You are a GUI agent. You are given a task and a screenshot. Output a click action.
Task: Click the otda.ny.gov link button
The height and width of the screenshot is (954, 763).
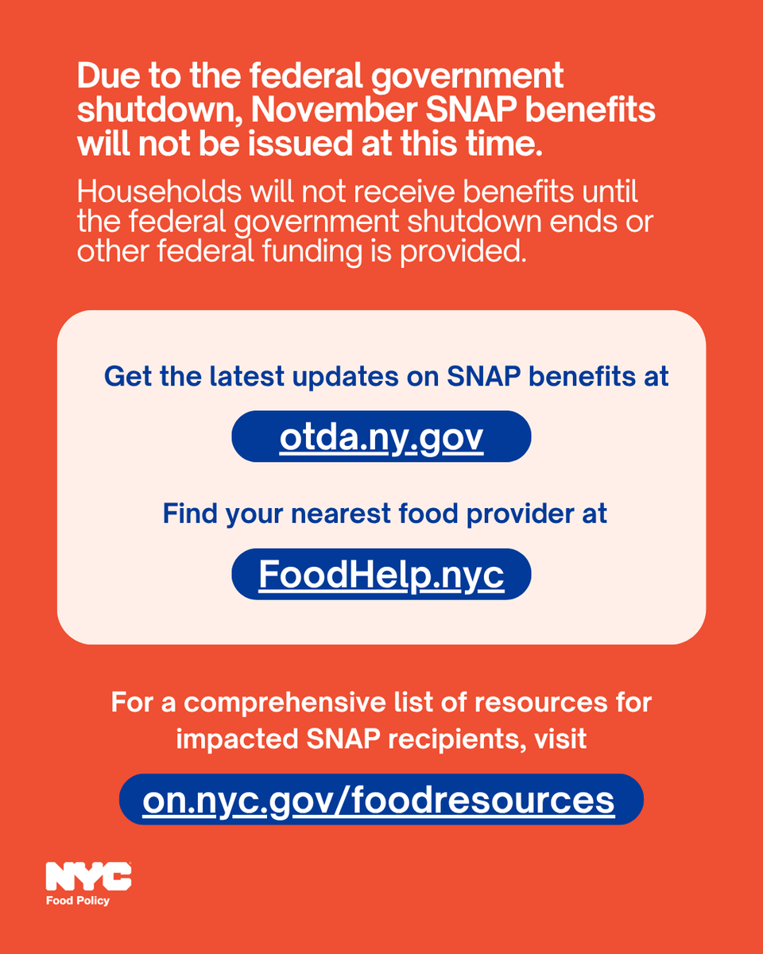point(381,436)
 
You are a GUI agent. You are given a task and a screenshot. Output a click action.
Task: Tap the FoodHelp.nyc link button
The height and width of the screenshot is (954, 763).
point(381,575)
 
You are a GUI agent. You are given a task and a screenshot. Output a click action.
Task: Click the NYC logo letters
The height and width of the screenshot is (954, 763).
point(88,877)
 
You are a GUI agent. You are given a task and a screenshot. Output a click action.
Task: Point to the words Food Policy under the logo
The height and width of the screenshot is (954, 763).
point(77,901)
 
